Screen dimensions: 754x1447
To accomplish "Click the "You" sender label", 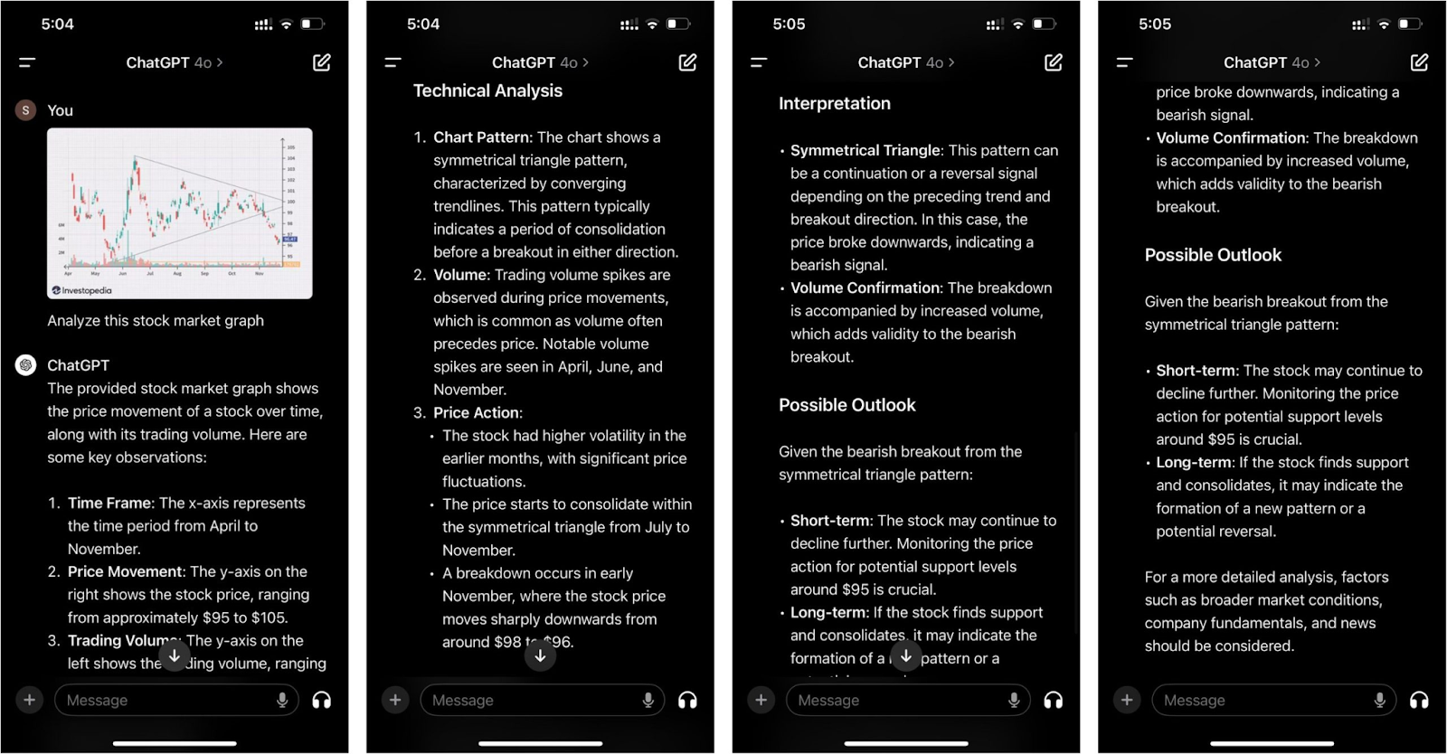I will [x=60, y=110].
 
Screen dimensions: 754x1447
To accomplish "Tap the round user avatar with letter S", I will [x=25, y=110].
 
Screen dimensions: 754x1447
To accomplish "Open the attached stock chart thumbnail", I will [x=179, y=212].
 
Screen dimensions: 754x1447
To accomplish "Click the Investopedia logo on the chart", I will [x=82, y=290].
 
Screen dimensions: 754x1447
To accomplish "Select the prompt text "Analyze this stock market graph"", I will [x=156, y=320].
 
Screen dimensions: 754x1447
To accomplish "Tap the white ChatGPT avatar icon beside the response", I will [x=25, y=365].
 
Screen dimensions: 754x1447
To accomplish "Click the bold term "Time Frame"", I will [x=109, y=503].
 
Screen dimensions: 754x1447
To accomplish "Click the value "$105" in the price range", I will [x=268, y=617].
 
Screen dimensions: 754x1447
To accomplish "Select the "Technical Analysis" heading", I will [x=487, y=90].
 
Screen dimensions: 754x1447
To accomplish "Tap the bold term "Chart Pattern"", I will [x=481, y=137].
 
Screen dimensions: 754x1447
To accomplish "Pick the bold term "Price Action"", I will [x=477, y=412].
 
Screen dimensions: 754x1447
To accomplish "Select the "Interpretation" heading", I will [x=834, y=103].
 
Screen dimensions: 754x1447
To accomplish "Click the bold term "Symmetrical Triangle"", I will [x=865, y=150].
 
